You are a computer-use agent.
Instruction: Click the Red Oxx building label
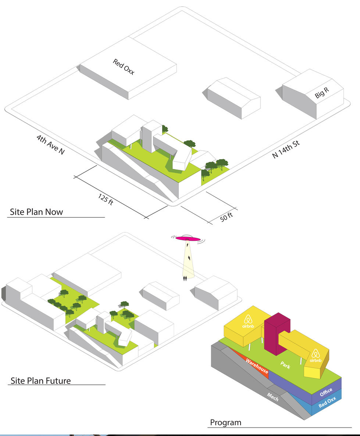[x=124, y=67]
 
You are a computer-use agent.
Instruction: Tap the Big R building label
[x=322, y=93]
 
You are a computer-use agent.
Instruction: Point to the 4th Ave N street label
[x=50, y=144]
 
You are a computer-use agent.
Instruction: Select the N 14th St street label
[x=286, y=149]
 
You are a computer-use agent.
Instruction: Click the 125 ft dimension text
[x=106, y=199]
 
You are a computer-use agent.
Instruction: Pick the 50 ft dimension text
[x=227, y=217]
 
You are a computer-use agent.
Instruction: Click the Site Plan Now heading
[x=36, y=212]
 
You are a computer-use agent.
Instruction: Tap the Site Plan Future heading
[x=40, y=380]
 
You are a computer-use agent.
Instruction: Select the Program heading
[x=226, y=423]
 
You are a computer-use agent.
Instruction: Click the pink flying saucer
[x=188, y=238]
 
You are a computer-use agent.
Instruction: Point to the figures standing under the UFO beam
[x=185, y=278]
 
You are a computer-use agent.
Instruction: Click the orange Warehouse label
[x=257, y=366]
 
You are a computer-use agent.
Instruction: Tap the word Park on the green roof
[x=285, y=365]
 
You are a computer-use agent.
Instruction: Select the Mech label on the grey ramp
[x=272, y=397]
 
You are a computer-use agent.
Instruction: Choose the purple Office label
[x=326, y=392]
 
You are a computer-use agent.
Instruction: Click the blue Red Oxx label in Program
[x=327, y=402]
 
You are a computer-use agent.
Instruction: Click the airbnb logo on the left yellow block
[x=248, y=321]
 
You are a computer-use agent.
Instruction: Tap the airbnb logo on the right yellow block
[x=316, y=355]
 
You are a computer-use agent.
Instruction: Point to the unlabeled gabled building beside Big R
[x=234, y=98]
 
